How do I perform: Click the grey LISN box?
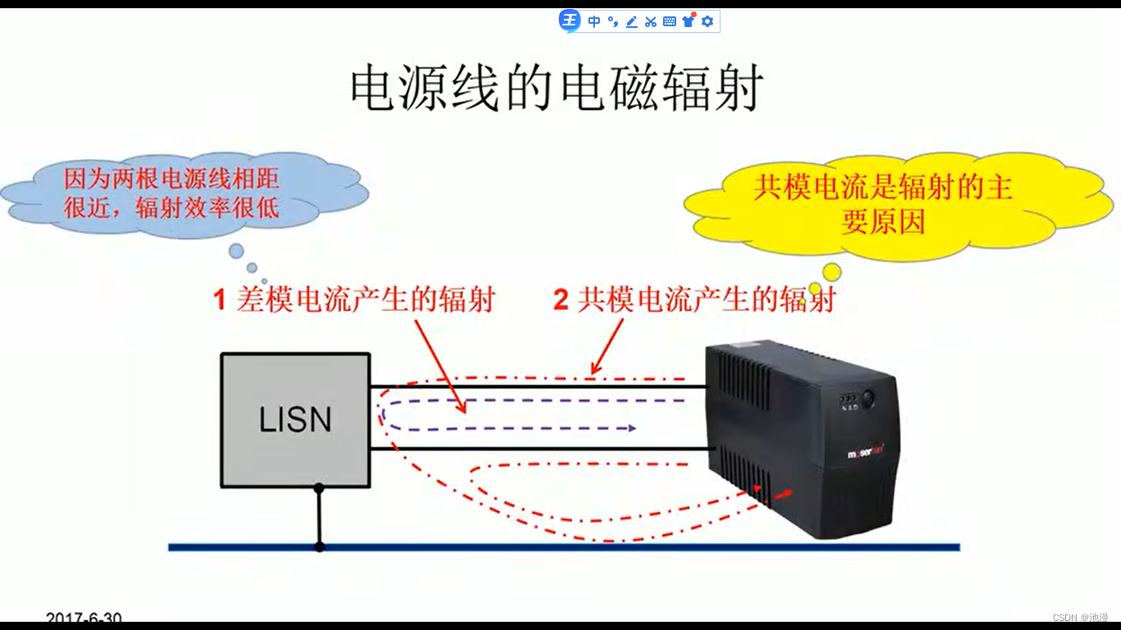[295, 420]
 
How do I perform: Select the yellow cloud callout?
[883, 205]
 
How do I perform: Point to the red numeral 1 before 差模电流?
[219, 301]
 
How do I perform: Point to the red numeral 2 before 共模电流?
[560, 301]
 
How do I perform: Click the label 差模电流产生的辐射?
[366, 300]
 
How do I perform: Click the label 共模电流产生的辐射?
[706, 300]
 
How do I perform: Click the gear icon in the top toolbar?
[707, 21]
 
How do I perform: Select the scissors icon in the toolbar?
[651, 21]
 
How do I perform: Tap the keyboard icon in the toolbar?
[670, 21]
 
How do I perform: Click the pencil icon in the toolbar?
[632, 21]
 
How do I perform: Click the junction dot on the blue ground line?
[319, 547]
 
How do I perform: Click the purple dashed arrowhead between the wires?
[631, 428]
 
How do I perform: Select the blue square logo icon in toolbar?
[570, 21]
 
